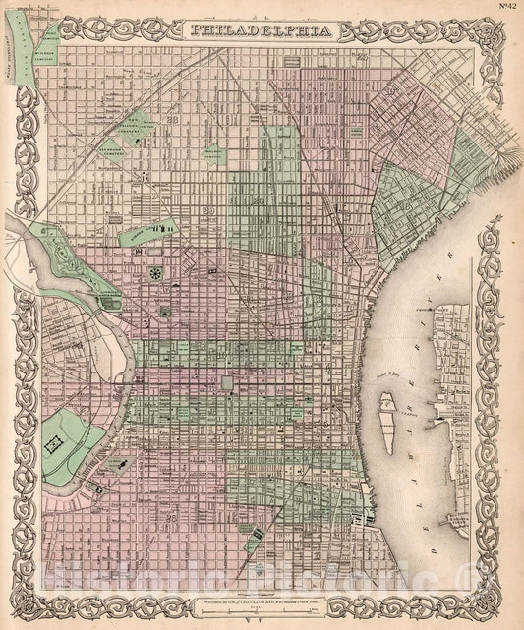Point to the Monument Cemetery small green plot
click(212, 153)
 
